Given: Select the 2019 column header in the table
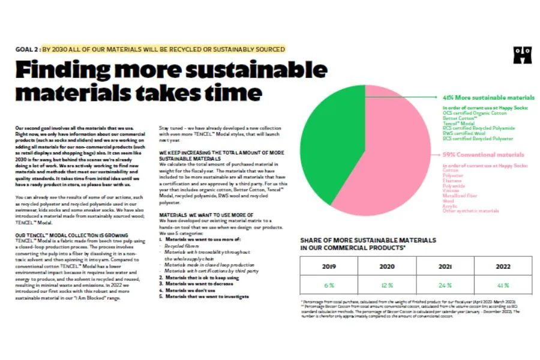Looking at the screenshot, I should pyautogui.click(x=329, y=266).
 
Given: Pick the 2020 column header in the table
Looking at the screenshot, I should pyautogui.click(x=387, y=266).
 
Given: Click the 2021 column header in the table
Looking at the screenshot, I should pyautogui.click(x=445, y=266).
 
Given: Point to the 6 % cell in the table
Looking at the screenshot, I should pyautogui.click(x=329, y=285).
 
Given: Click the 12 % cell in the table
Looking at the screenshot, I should pyautogui.click(x=387, y=285).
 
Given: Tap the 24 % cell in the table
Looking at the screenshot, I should pyautogui.click(x=445, y=285).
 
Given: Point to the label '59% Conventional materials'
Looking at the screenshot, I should pyautogui.click(x=483, y=154).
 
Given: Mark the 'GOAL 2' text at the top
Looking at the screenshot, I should pyautogui.click(x=28, y=49).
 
